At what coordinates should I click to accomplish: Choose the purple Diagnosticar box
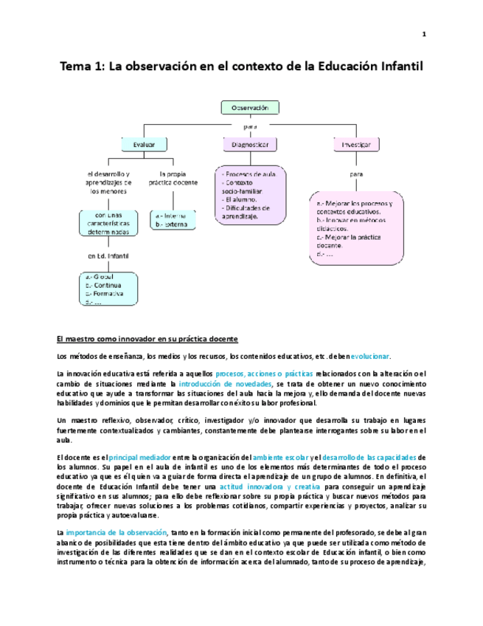(x=250, y=145)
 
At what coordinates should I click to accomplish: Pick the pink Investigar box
(x=356, y=145)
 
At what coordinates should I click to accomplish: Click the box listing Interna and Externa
(x=173, y=219)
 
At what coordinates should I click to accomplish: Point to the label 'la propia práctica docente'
(x=173, y=178)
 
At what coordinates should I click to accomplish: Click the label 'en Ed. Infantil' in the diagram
(x=108, y=256)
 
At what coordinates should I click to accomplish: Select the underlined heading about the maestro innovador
(x=147, y=339)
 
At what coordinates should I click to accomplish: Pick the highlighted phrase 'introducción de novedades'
(x=225, y=384)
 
